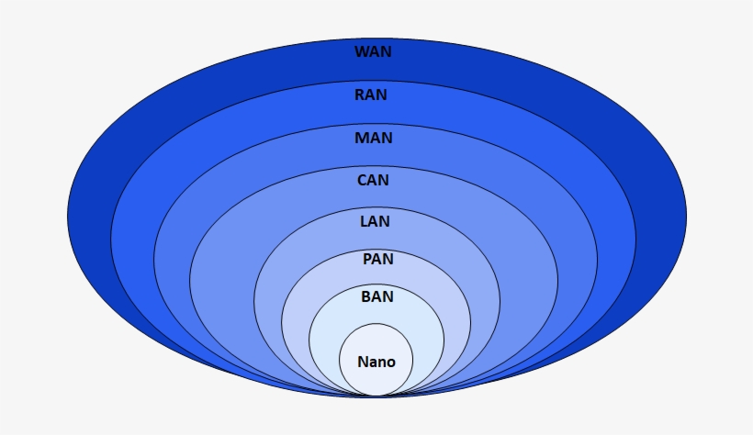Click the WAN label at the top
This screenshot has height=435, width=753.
[373, 52]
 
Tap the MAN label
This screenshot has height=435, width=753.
[374, 139]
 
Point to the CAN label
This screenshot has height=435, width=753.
[373, 181]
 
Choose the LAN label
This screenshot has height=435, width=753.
[374, 221]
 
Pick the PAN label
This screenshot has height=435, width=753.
[377, 260]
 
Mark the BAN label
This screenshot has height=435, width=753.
[377, 296]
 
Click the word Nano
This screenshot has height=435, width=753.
[376, 362]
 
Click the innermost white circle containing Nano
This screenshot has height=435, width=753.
[376, 344]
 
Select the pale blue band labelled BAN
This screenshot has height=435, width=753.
[422, 330]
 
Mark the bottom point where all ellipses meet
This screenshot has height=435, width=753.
[376, 396]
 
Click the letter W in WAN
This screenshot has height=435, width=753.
[362, 52]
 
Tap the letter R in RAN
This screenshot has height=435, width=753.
[360, 94]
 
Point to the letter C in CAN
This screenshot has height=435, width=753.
[362, 181]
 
